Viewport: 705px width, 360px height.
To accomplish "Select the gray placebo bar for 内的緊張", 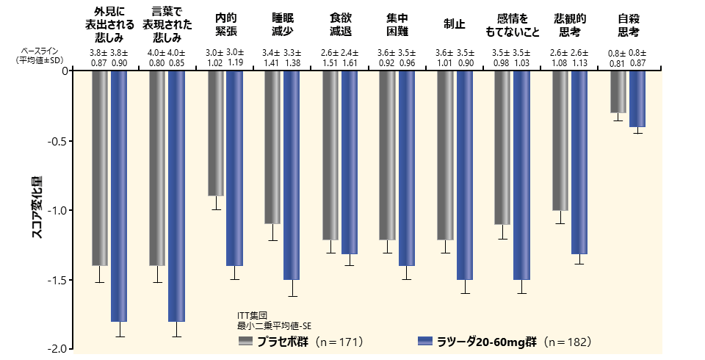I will coord(215,133).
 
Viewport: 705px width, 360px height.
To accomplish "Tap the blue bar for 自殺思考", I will coord(637,98).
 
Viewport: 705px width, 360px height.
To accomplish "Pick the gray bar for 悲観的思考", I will coord(560,140).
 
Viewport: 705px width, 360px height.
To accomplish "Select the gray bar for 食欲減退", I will coord(330,155).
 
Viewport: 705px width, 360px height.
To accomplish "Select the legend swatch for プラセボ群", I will coord(245,342).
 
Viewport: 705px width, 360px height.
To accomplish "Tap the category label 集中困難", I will coord(397,25).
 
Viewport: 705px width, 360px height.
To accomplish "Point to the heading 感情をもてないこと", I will coord(513,25).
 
